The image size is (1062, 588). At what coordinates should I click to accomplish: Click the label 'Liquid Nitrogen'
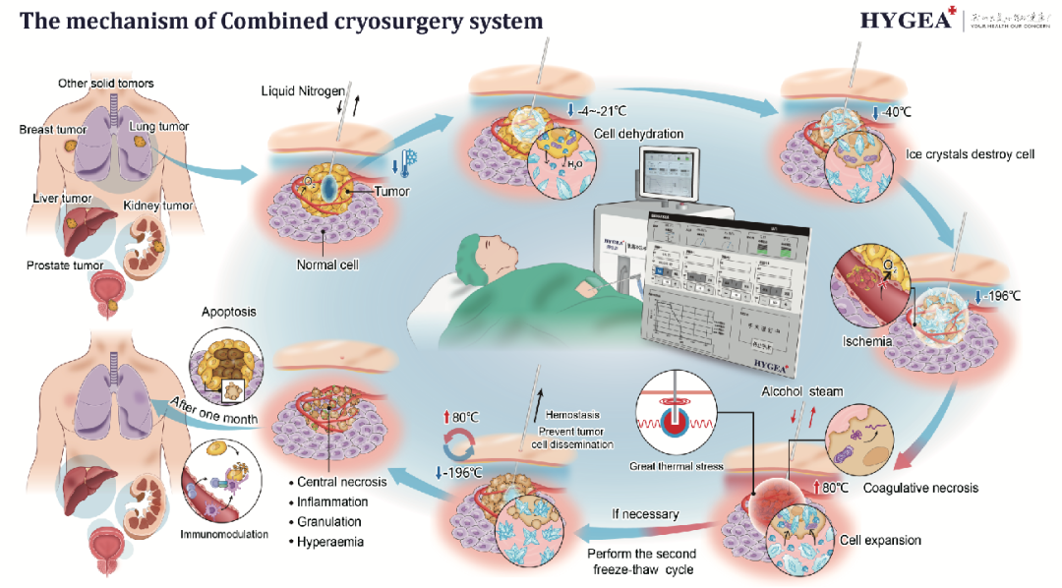pyautogui.click(x=303, y=90)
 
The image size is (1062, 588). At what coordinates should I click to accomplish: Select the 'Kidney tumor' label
pyautogui.click(x=157, y=206)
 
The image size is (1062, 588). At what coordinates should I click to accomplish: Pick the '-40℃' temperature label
pyautogui.click(x=892, y=112)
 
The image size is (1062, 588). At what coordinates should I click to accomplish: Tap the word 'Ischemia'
pyautogui.click(x=866, y=342)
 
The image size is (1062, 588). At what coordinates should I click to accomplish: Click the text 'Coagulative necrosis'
pyautogui.click(x=919, y=488)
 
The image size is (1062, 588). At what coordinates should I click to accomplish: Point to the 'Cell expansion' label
pyautogui.click(x=878, y=540)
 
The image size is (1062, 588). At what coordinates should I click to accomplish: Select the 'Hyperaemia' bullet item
pyautogui.click(x=328, y=542)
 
